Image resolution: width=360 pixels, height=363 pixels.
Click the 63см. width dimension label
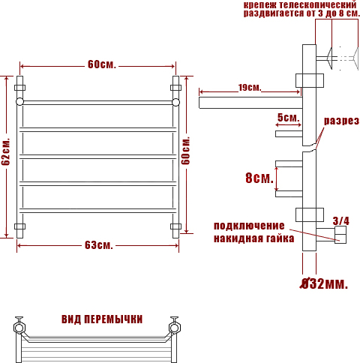coord(99,245)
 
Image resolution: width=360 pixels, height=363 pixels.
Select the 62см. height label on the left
coord(6,151)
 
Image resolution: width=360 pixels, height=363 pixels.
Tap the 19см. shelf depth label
coord(250,88)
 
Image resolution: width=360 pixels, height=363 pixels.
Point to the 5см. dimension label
coord(288,118)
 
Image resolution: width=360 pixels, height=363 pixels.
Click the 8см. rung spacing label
coord(259,178)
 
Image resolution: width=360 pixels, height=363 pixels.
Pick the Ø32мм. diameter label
coord(324,283)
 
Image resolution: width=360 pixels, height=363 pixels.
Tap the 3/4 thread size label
coord(340,220)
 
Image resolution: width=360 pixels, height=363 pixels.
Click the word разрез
coord(341,121)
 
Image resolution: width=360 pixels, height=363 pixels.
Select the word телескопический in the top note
coord(317,4)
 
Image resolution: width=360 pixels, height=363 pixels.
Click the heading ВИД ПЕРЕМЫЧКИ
coord(102,319)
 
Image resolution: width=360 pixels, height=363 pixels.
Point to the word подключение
coord(249,226)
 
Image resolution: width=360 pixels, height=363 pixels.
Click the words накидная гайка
coord(253,238)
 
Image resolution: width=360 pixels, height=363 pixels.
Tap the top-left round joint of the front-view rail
coord(19,102)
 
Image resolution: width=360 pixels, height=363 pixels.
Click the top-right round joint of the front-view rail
coord(175,102)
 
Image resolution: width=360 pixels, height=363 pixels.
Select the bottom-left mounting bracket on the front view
coord(19,226)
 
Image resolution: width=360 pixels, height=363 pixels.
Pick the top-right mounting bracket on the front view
coord(175,88)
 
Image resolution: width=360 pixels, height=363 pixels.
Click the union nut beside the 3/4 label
coord(340,235)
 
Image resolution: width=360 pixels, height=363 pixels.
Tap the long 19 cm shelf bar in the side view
coord(250,103)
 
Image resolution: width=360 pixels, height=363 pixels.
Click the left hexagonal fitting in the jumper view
coord(19,328)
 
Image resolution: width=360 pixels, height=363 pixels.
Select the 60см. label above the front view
coord(102,64)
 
